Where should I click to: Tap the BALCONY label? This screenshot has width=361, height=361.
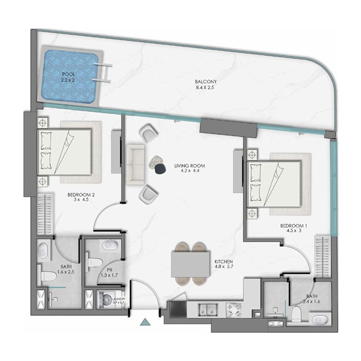[201, 82]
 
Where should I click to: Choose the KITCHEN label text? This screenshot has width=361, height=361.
[223, 261]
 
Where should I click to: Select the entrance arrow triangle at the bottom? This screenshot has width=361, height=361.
[145, 322]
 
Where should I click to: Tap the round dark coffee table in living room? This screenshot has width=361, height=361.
[160, 168]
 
